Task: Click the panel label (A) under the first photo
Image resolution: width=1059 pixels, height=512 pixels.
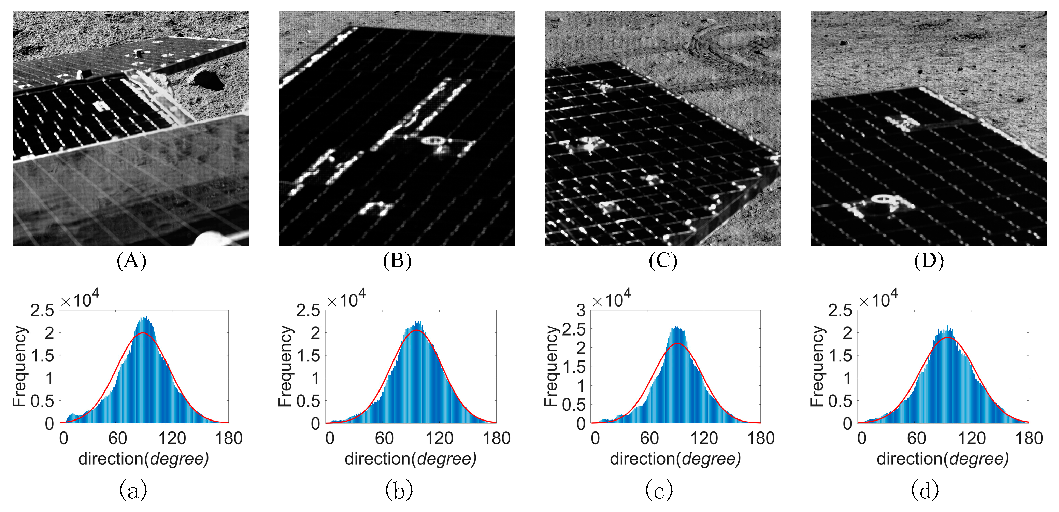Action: pyautogui.click(x=131, y=261)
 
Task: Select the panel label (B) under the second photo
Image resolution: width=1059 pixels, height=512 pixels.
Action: pyautogui.click(x=397, y=261)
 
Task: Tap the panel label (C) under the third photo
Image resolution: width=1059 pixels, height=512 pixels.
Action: pyautogui.click(x=663, y=261)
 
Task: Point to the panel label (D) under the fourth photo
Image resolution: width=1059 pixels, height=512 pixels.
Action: pyautogui.click(x=929, y=261)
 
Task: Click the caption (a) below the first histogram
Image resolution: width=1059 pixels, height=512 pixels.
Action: pyautogui.click(x=133, y=490)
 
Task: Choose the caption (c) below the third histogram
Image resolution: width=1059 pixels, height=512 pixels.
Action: pyautogui.click(x=659, y=490)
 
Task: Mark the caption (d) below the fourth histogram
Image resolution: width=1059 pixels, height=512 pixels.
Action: pyautogui.click(x=925, y=490)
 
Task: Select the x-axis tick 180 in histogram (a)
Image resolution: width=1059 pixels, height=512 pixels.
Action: pyautogui.click(x=229, y=438)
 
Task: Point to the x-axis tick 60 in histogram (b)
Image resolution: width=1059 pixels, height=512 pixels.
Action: pyautogui.click(x=384, y=438)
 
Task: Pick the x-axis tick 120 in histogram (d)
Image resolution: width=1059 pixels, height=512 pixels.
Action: pyautogui.click(x=971, y=438)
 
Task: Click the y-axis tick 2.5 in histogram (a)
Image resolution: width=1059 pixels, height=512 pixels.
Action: pyautogui.click(x=42, y=311)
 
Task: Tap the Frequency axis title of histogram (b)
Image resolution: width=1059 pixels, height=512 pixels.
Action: pyautogui.click(x=285, y=366)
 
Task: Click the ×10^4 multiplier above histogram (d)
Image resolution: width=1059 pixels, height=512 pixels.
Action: pyautogui.click(x=878, y=299)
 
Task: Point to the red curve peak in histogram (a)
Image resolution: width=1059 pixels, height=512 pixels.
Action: pyautogui.click(x=143, y=333)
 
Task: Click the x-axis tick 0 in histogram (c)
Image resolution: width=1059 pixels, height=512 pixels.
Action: pyautogui.click(x=595, y=438)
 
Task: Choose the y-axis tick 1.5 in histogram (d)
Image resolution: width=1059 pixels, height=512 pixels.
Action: pyautogui.click(x=840, y=356)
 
